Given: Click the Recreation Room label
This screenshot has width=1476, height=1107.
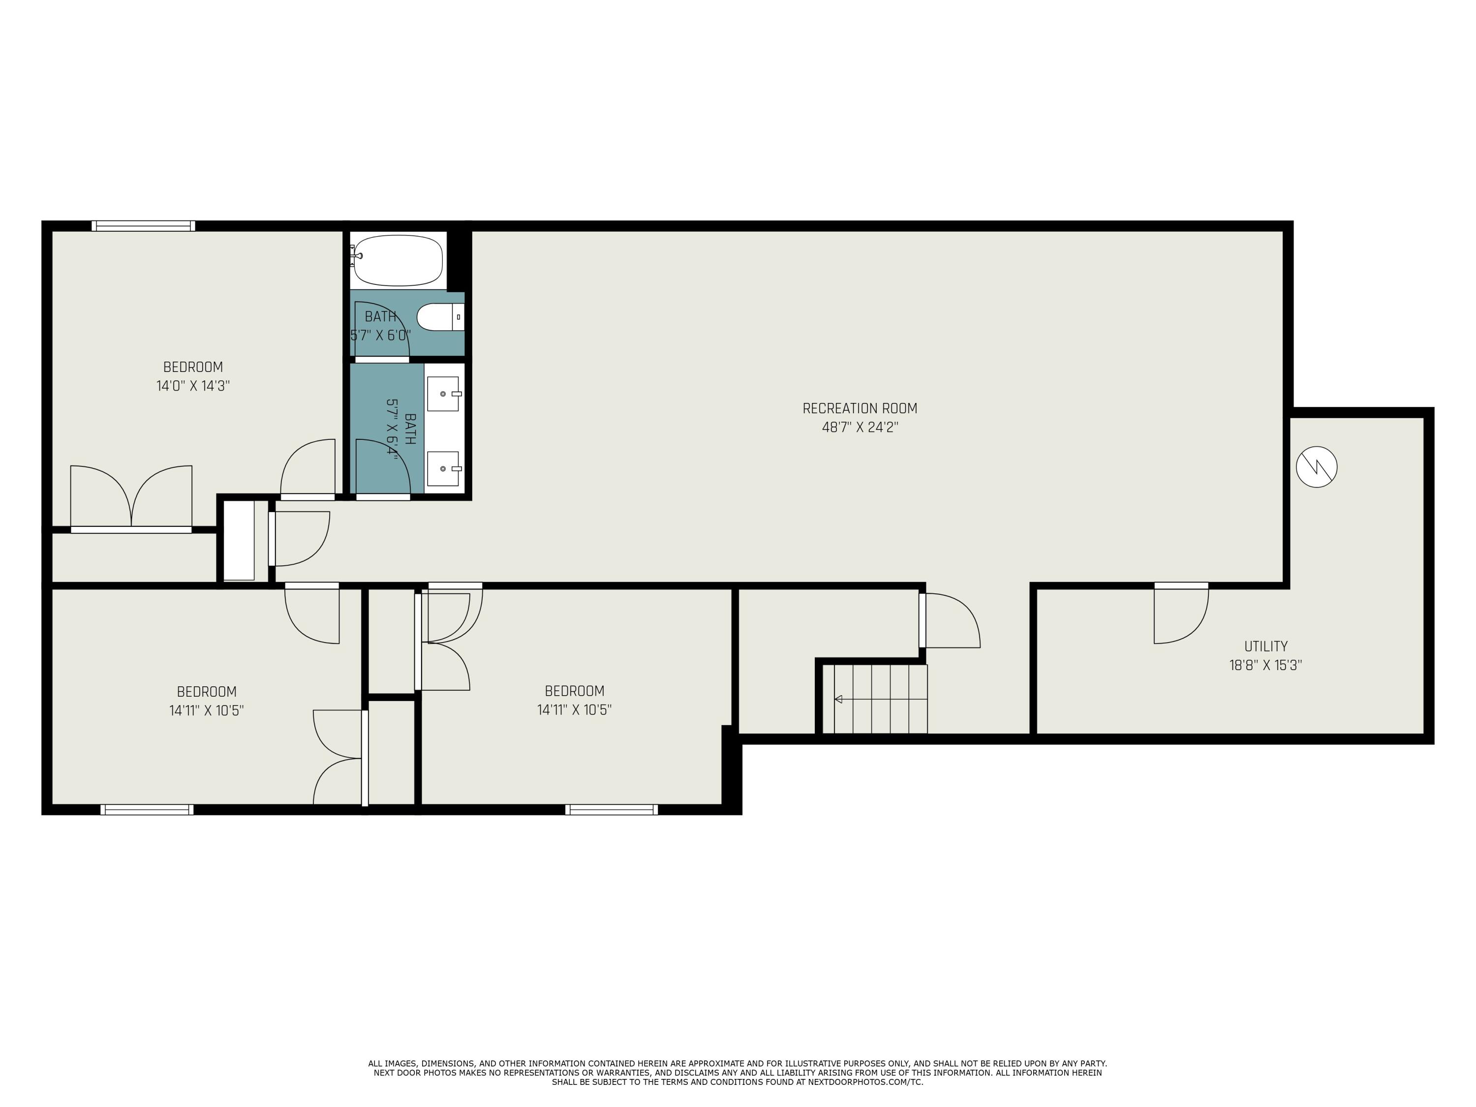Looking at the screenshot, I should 860,408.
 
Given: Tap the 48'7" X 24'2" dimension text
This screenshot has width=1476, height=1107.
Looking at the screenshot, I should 860,427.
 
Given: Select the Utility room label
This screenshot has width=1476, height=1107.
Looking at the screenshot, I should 1265,646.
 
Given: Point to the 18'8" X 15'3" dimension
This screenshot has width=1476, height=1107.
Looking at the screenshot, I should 1265,665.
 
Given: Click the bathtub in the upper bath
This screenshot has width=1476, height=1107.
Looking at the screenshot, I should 398,260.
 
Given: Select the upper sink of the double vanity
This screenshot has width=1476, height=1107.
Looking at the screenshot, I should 443,394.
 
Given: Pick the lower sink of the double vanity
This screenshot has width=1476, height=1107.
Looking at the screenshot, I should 443,468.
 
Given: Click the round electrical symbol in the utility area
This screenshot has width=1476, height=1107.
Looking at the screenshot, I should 1316,466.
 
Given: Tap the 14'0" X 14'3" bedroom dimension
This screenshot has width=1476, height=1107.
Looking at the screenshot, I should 193,386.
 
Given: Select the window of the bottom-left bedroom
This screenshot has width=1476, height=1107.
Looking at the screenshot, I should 147,809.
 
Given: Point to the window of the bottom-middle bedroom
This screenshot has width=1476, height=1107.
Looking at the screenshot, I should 611,809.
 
